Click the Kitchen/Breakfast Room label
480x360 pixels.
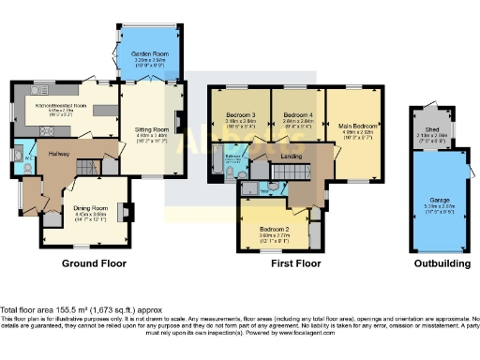coord(60,106)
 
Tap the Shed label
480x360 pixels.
coord(431,129)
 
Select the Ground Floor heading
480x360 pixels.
coord(94,264)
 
